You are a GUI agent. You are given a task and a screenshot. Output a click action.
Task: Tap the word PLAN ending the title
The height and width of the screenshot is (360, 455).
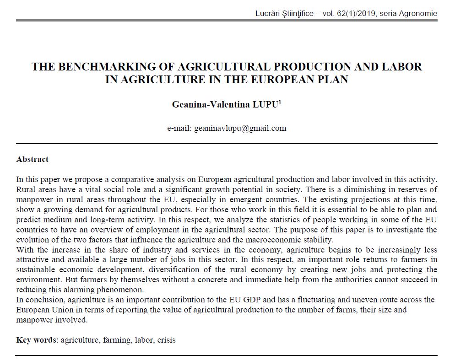[x=332, y=79]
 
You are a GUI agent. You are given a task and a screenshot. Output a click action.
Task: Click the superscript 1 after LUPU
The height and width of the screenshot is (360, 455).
[x=280, y=102]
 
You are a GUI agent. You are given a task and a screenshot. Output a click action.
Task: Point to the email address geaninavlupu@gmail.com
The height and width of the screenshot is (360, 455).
[x=240, y=128]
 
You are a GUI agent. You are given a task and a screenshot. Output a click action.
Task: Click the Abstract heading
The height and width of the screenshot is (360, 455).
[x=32, y=159]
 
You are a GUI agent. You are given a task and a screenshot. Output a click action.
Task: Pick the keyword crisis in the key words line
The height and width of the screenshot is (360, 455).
[x=166, y=340]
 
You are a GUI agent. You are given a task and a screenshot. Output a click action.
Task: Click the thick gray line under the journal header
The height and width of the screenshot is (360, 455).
[x=227, y=21]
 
